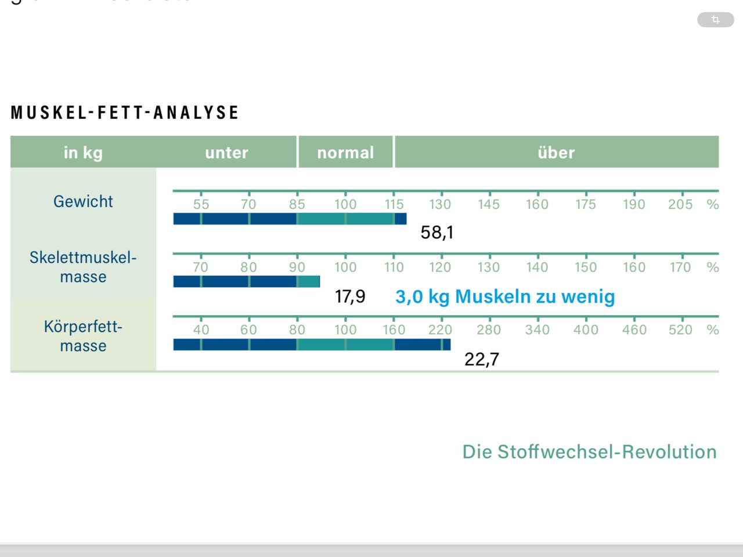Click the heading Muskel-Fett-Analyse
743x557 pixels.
click(x=125, y=112)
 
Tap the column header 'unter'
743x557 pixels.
click(x=226, y=153)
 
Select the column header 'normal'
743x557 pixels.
click(x=345, y=153)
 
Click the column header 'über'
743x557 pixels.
click(x=556, y=153)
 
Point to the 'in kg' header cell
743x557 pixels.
click(x=83, y=153)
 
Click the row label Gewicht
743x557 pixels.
click(x=83, y=201)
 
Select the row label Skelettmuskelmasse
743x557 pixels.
click(x=83, y=267)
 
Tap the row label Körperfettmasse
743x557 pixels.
click(x=83, y=336)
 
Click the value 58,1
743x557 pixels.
click(x=437, y=233)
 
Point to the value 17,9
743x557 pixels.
click(x=350, y=296)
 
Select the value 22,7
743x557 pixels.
click(x=482, y=359)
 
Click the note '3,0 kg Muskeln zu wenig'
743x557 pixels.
click(x=505, y=296)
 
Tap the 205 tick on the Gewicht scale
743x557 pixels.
click(x=680, y=204)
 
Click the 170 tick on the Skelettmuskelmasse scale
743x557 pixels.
click(x=680, y=267)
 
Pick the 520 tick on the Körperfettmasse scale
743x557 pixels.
click(x=680, y=330)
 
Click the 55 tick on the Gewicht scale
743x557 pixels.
click(x=201, y=204)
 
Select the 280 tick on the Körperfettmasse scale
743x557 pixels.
click(x=489, y=330)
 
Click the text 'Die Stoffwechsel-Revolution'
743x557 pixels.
click(x=589, y=452)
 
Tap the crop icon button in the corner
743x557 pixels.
click(x=715, y=20)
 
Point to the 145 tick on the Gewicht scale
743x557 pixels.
click(x=489, y=204)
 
